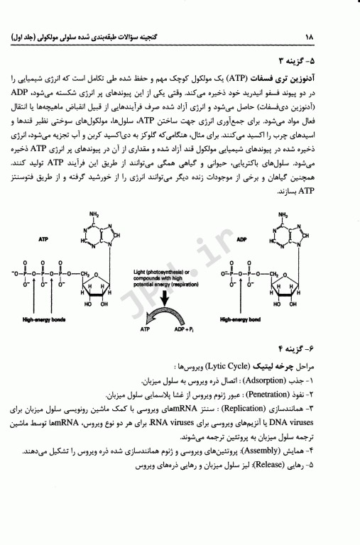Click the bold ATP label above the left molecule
tap(44, 240)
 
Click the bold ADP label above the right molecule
tap(241, 240)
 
